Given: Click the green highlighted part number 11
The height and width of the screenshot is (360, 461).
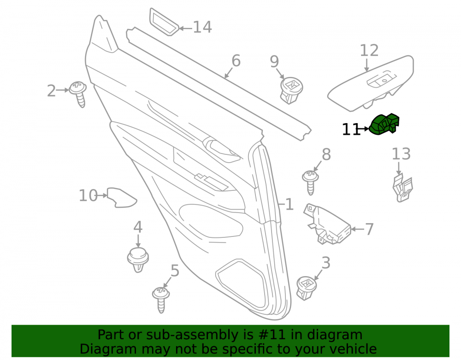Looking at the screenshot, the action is pyautogui.click(x=384, y=124).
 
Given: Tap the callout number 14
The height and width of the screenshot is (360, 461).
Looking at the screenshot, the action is pyautogui.click(x=202, y=27).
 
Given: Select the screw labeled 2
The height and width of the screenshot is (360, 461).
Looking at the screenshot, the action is pyautogui.click(x=78, y=94).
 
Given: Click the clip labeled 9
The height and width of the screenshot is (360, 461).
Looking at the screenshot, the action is pyautogui.click(x=291, y=90).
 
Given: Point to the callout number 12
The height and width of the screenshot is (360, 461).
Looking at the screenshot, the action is pyautogui.click(x=369, y=50).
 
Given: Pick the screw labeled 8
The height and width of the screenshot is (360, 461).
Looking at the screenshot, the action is pyautogui.click(x=310, y=183).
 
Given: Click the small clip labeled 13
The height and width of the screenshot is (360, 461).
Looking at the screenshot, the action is pyautogui.click(x=402, y=188).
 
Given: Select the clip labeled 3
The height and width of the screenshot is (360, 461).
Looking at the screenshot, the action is pyautogui.click(x=307, y=288).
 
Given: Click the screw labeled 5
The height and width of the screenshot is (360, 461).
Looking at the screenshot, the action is pyautogui.click(x=161, y=300).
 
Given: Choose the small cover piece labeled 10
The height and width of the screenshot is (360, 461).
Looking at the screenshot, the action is pyautogui.click(x=121, y=198).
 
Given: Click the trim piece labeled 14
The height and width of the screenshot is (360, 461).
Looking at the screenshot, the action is pyautogui.click(x=164, y=22).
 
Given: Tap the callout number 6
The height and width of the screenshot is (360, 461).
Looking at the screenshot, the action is pyautogui.click(x=236, y=60).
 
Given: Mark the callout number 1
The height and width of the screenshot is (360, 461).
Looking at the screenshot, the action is pyautogui.click(x=290, y=204).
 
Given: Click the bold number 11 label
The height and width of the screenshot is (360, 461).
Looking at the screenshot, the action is pyautogui.click(x=351, y=129).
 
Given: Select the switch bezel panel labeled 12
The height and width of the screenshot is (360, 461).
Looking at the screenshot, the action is pyautogui.click(x=371, y=83).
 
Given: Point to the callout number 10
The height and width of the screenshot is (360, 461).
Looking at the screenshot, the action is pyautogui.click(x=88, y=195).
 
